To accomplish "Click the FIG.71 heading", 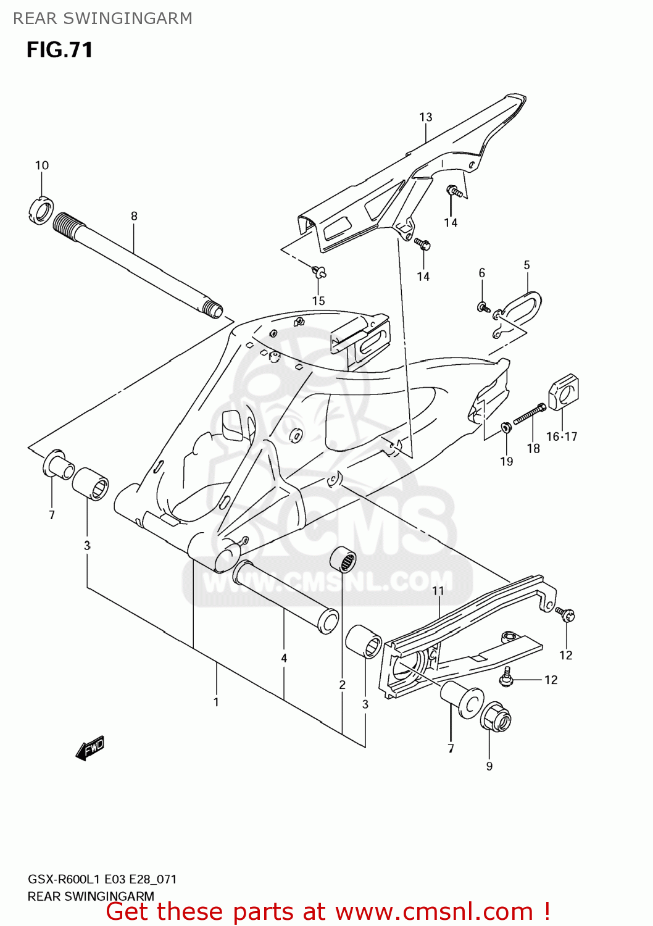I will pyautogui.click(x=59, y=50).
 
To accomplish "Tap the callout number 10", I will pyautogui.click(x=41, y=165).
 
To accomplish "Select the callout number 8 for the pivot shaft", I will pyautogui.click(x=134, y=216).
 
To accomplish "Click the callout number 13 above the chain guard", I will pyautogui.click(x=426, y=117).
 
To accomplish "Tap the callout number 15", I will pyautogui.click(x=318, y=301).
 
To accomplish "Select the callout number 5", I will pyautogui.click(x=526, y=265).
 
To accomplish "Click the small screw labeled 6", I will pyautogui.click(x=483, y=306).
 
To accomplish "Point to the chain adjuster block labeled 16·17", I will pyautogui.click(x=564, y=392).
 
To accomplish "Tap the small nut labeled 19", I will pyautogui.click(x=506, y=427).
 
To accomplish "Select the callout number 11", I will pyautogui.click(x=438, y=591).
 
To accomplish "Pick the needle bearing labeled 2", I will pyautogui.click(x=343, y=559).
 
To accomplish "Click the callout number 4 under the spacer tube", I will pyautogui.click(x=284, y=658).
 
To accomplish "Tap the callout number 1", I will pyautogui.click(x=216, y=702).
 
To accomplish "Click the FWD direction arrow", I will pyautogui.click(x=90, y=748).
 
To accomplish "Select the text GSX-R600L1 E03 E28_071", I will pyautogui.click(x=102, y=879).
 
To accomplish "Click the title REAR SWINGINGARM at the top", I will pyautogui.click(x=102, y=19).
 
